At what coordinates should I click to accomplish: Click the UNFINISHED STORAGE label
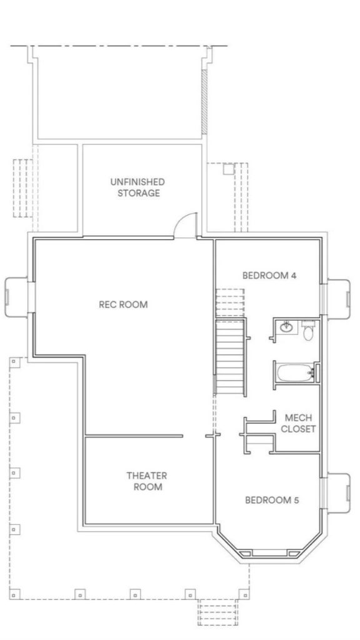pyautogui.click(x=137, y=187)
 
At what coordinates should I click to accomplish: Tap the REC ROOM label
pyautogui.click(x=123, y=304)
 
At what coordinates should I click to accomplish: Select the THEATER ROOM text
pyautogui.click(x=147, y=481)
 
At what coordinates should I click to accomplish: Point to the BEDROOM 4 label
pyautogui.click(x=269, y=274)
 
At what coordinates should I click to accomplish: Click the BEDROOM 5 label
pyautogui.click(x=268, y=499)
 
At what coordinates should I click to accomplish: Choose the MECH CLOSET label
pyautogui.click(x=298, y=423)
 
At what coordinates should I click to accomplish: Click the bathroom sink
pyautogui.click(x=287, y=327)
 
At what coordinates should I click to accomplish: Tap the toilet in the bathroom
pyautogui.click(x=307, y=331)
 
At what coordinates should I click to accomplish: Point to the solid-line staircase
pyautogui.click(x=229, y=356)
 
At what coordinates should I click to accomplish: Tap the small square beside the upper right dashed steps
pyautogui.click(x=227, y=169)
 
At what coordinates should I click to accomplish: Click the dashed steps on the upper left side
pyautogui.click(x=22, y=187)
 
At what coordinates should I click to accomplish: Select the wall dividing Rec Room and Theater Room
pyautogui.click(x=134, y=436)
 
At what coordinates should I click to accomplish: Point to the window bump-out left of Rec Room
pyautogui.click(x=16, y=297)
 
